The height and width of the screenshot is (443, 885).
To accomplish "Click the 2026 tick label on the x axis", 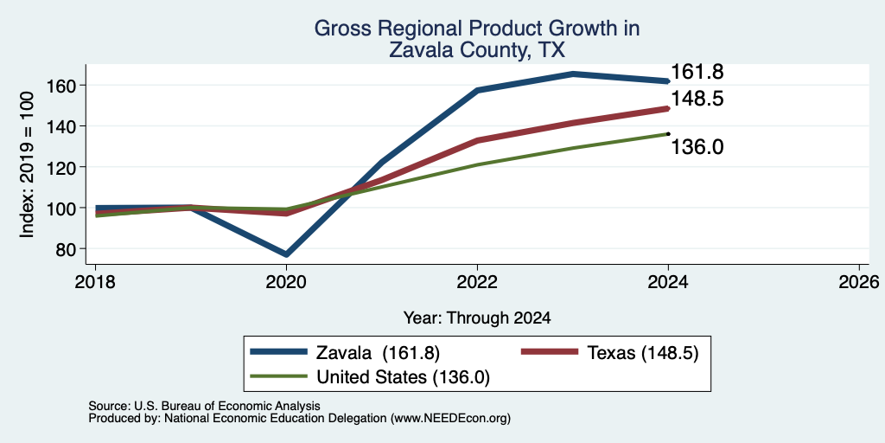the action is [x=859, y=281].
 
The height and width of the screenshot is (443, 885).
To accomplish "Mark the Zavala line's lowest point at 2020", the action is [x=286, y=254].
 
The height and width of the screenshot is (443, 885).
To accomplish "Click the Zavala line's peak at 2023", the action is [x=573, y=74].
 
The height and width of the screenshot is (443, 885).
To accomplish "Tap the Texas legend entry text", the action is [x=643, y=353].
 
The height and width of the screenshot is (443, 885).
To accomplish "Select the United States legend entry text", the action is [x=403, y=377].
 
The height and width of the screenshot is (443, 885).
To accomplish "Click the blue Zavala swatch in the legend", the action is [x=279, y=352].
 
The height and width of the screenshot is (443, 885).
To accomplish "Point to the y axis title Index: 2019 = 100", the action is [x=27, y=164].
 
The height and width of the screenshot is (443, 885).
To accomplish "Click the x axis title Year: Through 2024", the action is [x=477, y=318].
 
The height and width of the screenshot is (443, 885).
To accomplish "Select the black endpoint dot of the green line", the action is [x=668, y=134].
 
